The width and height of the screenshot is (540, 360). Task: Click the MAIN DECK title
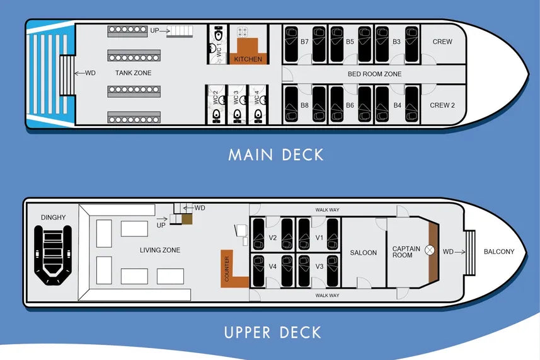(276, 154)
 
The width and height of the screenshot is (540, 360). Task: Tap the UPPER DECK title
(272, 332)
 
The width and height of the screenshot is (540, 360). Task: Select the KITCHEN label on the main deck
(248, 59)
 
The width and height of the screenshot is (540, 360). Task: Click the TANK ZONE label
(133, 73)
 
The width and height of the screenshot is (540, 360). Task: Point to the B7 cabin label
(304, 42)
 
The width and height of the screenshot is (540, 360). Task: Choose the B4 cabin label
(396, 105)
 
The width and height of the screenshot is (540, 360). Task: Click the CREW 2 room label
(442, 105)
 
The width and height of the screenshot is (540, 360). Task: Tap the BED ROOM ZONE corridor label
(374, 74)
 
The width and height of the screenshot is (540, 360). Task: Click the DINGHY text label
(53, 218)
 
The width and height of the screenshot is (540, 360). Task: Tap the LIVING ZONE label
(159, 250)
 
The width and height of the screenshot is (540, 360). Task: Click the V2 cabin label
(273, 238)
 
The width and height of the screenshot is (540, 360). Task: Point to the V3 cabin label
(319, 267)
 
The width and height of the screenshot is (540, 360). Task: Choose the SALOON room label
(363, 253)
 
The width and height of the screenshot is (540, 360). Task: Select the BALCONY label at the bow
(499, 252)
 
